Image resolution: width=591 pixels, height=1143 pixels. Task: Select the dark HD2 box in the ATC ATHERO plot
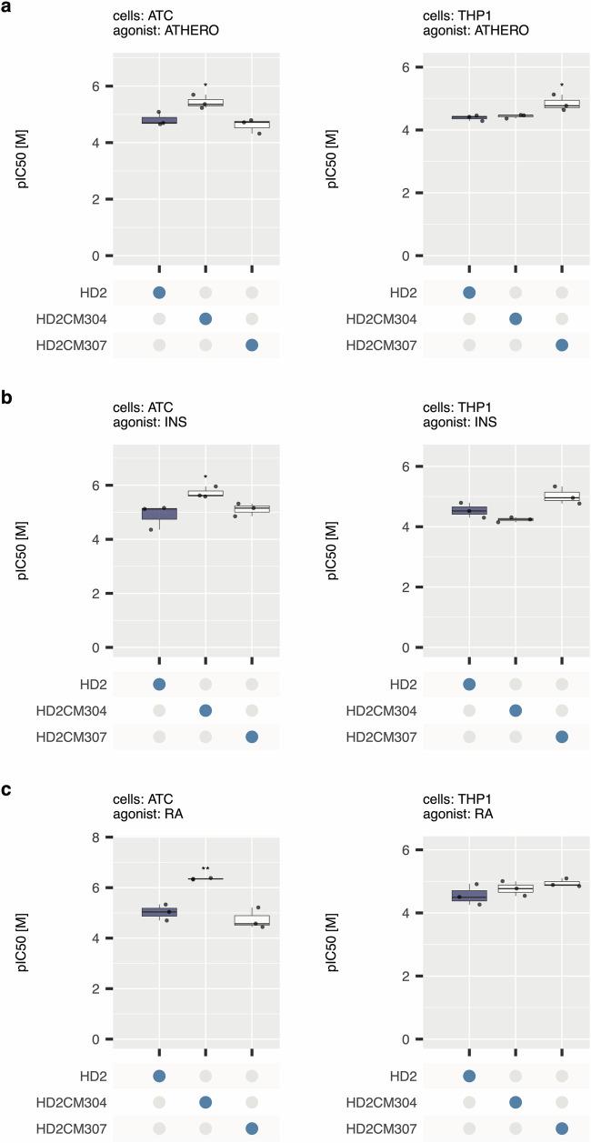coord(159,120)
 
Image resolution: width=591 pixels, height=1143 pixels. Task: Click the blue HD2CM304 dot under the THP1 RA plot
coord(516,1101)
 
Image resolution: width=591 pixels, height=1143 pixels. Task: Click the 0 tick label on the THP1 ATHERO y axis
coord(419,256)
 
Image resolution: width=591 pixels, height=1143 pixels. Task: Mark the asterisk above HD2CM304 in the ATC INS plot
coord(205,476)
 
